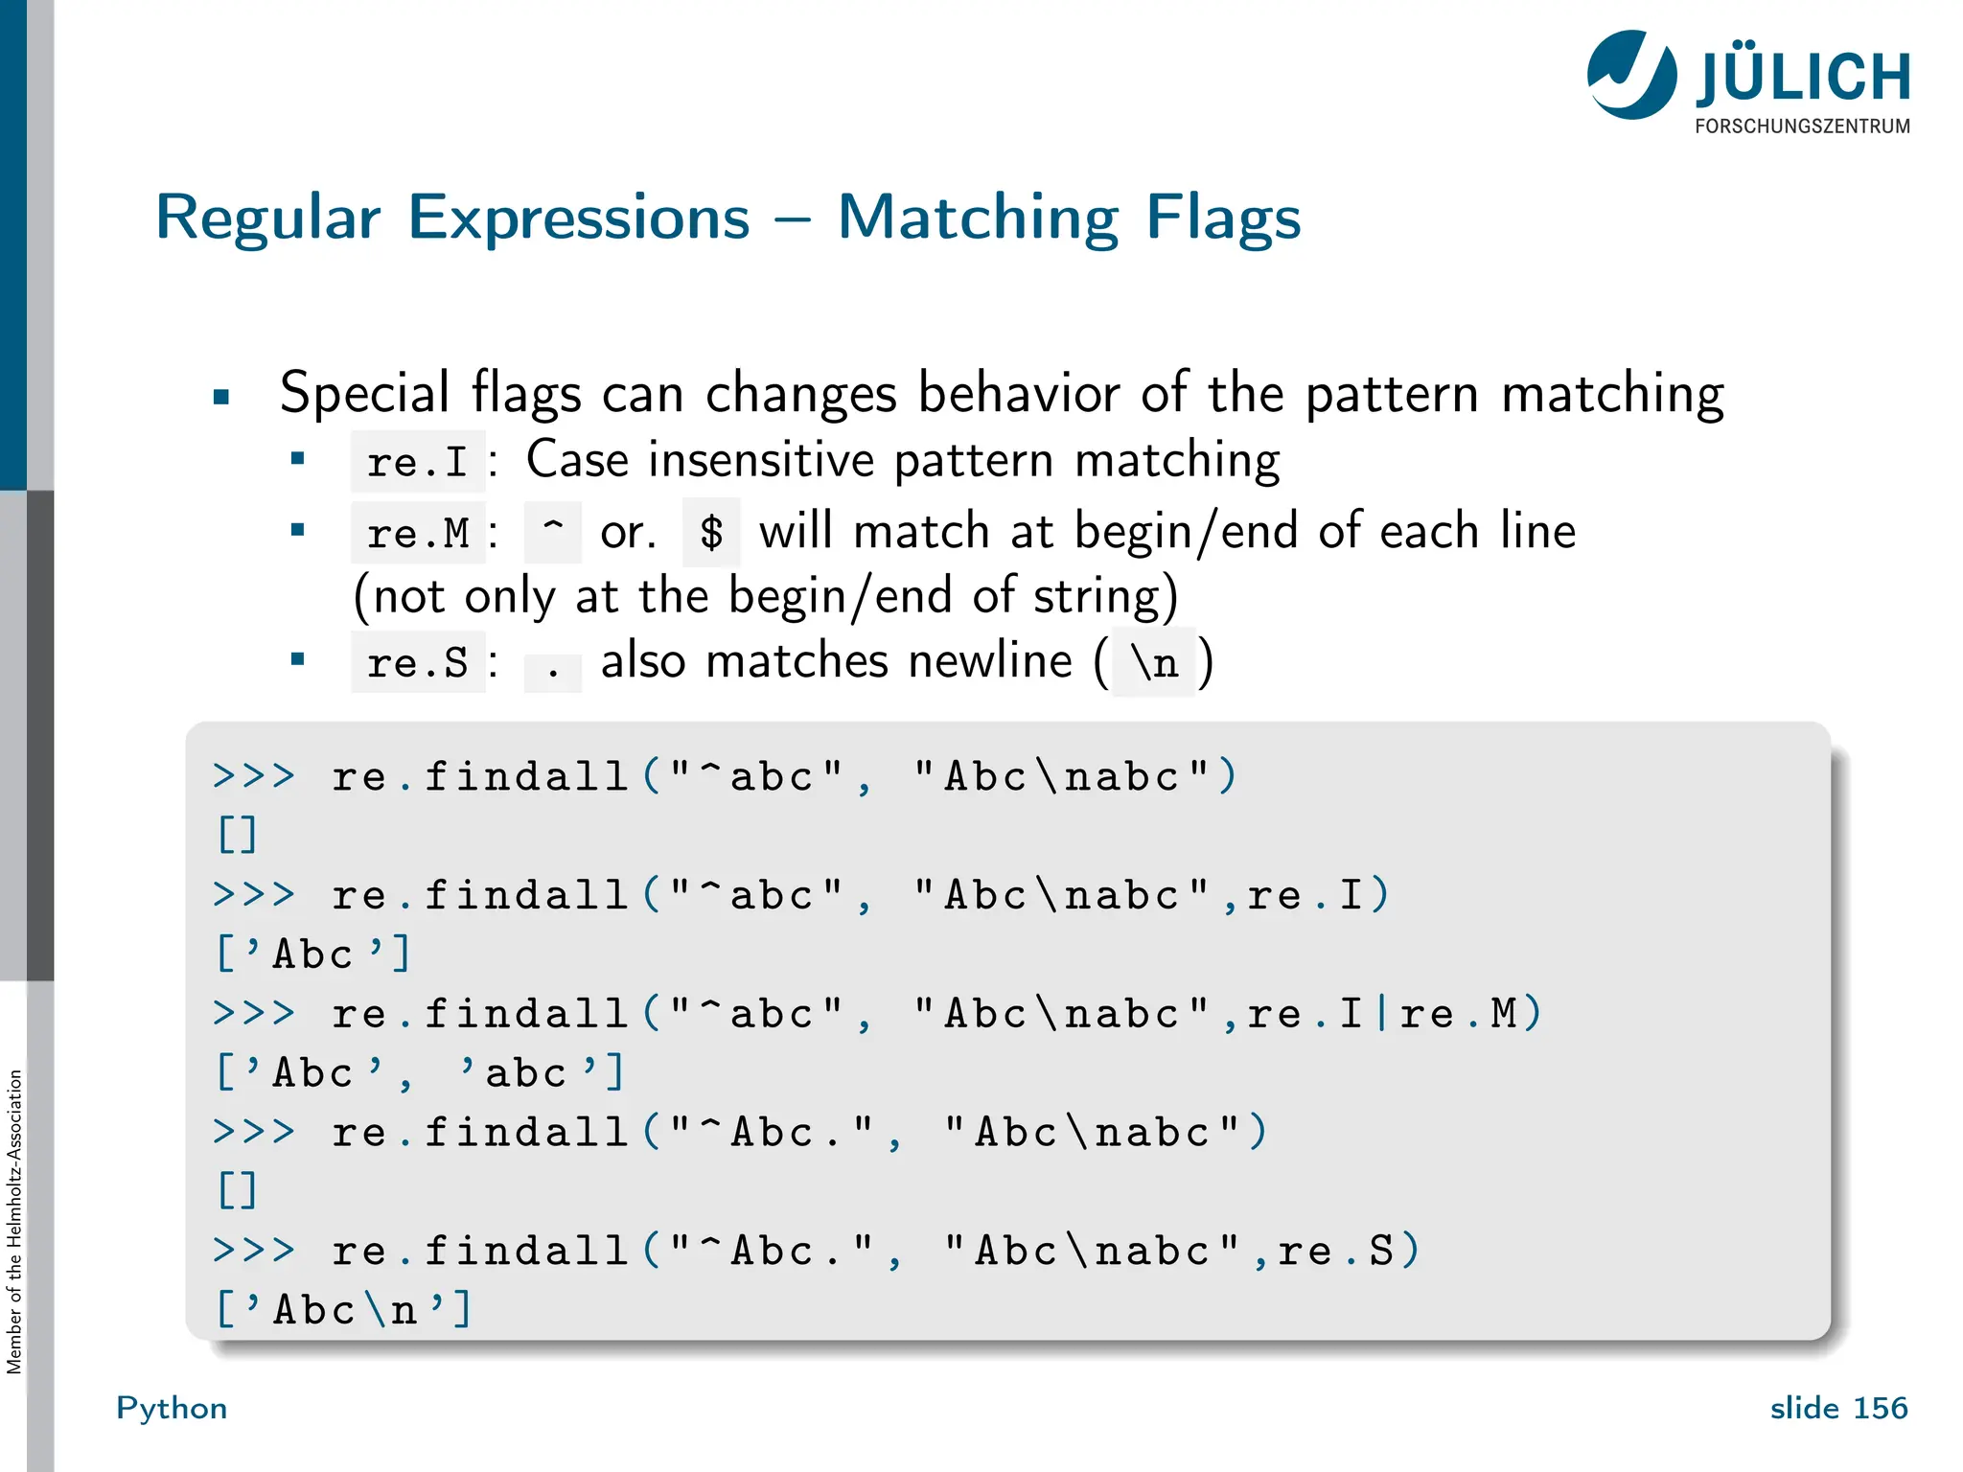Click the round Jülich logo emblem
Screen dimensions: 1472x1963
coord(1631,75)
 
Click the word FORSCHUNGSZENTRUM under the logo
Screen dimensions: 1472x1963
coord(1801,126)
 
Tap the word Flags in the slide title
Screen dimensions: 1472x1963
coord(1223,218)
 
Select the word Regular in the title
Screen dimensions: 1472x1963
coord(267,218)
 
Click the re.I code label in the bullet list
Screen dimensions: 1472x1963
coord(417,463)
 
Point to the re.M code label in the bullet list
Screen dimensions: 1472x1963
coord(418,534)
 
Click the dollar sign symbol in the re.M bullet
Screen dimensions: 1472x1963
coord(710,533)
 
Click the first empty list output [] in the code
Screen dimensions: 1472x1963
coord(237,835)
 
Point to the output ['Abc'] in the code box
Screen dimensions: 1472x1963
coord(313,954)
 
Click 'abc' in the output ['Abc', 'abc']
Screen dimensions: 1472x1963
coord(526,1072)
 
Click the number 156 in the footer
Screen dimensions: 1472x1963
coord(1880,1408)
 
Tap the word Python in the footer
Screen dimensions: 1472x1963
coord(172,1409)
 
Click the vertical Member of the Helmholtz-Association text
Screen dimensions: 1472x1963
coord(14,1221)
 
